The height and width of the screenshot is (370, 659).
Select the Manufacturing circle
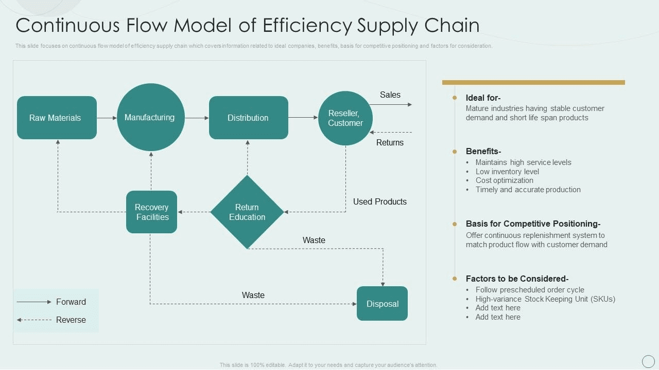(x=150, y=117)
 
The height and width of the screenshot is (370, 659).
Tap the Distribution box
(x=248, y=118)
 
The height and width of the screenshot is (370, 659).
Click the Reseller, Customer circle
(x=345, y=118)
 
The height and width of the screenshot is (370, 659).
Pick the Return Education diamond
(x=247, y=212)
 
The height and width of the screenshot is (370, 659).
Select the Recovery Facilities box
(x=151, y=212)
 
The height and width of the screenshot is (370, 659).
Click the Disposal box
(x=382, y=304)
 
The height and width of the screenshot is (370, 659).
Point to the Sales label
(x=390, y=95)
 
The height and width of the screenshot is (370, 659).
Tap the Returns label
(x=390, y=142)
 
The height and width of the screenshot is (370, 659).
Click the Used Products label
(x=379, y=201)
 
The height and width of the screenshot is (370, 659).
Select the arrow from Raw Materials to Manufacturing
(x=107, y=118)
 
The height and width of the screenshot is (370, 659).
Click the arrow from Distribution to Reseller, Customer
(x=303, y=118)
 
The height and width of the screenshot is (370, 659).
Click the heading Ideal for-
(x=483, y=98)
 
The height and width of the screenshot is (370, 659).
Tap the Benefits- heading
(x=483, y=151)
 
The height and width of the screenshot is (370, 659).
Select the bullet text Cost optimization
(x=504, y=180)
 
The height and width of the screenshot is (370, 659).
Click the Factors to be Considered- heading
(x=517, y=279)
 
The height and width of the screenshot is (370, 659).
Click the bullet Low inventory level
(x=507, y=171)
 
